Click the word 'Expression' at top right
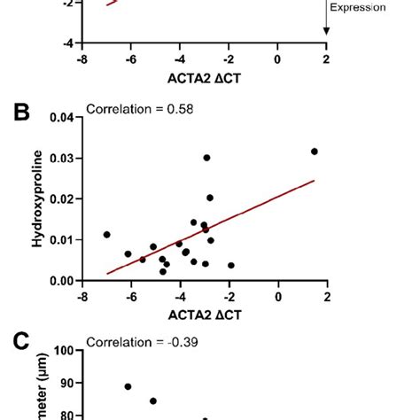point(358,7)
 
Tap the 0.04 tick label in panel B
point(61,117)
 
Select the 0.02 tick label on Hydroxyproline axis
point(61,198)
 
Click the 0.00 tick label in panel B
point(61,281)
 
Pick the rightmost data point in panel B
point(315,152)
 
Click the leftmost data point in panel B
point(107,235)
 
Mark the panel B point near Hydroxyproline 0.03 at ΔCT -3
point(206,158)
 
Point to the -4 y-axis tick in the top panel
point(66,43)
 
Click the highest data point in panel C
point(128,386)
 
